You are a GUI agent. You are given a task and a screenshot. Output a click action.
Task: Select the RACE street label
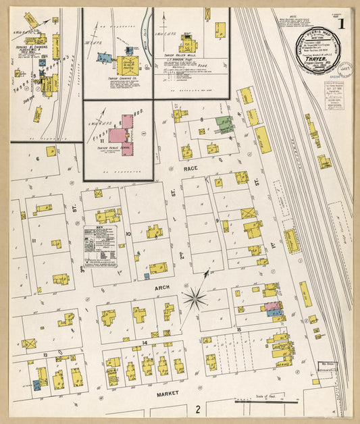(x=190, y=171)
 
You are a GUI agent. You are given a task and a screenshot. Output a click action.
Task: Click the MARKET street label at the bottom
(x=166, y=393)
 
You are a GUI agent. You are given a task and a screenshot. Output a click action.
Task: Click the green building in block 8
(x=225, y=125)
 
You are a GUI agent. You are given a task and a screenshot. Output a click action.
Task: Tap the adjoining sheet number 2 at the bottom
(x=198, y=408)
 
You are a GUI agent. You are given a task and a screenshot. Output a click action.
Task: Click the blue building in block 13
(x=36, y=385)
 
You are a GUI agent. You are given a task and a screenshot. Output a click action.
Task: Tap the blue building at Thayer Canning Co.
(x=103, y=58)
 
